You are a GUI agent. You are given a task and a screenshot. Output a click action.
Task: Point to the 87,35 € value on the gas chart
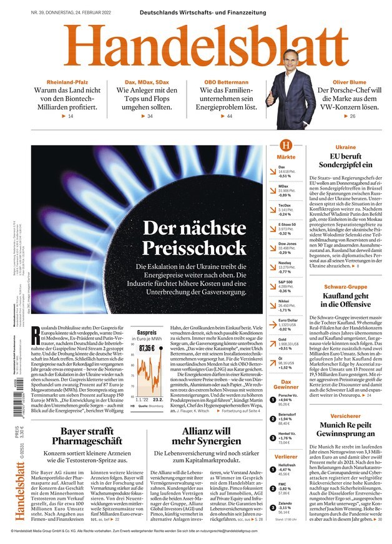coord(147,347)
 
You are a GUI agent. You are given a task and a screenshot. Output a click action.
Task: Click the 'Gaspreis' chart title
coord(147,334)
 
